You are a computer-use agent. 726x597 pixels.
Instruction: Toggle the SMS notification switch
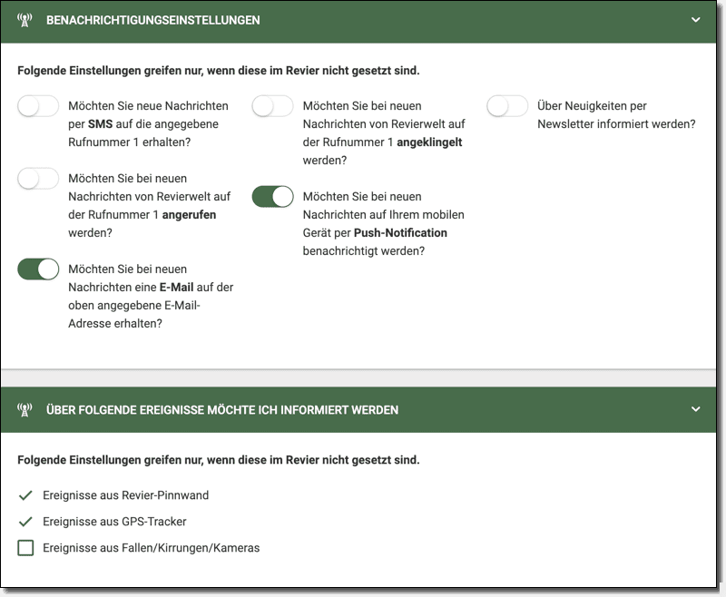point(38,106)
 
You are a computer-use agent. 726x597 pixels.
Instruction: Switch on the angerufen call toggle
point(38,179)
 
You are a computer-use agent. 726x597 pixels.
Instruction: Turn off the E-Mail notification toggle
point(38,269)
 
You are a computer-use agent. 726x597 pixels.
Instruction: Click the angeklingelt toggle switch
point(272,106)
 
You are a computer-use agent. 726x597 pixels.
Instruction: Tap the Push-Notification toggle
point(272,197)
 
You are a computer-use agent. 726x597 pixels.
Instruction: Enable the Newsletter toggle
point(507,106)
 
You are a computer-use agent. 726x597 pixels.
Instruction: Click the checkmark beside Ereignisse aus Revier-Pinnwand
point(25,495)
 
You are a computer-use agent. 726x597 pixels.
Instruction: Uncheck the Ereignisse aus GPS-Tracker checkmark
point(25,522)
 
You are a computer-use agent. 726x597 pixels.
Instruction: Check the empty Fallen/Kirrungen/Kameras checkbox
point(25,548)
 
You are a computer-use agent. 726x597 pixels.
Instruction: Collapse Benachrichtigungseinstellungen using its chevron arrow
point(696,20)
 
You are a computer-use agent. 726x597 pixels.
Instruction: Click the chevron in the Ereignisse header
point(696,409)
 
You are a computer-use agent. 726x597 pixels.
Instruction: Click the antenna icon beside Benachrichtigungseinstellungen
point(25,20)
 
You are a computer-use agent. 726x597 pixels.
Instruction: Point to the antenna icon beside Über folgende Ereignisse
point(25,410)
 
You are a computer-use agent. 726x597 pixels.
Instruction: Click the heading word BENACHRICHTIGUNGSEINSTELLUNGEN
point(153,20)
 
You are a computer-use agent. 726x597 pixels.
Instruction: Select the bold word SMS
point(100,124)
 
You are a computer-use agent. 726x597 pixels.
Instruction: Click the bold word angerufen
point(189,215)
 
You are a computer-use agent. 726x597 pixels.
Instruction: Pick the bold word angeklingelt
point(430,142)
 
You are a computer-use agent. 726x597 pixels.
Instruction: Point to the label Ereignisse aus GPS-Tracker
point(114,522)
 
